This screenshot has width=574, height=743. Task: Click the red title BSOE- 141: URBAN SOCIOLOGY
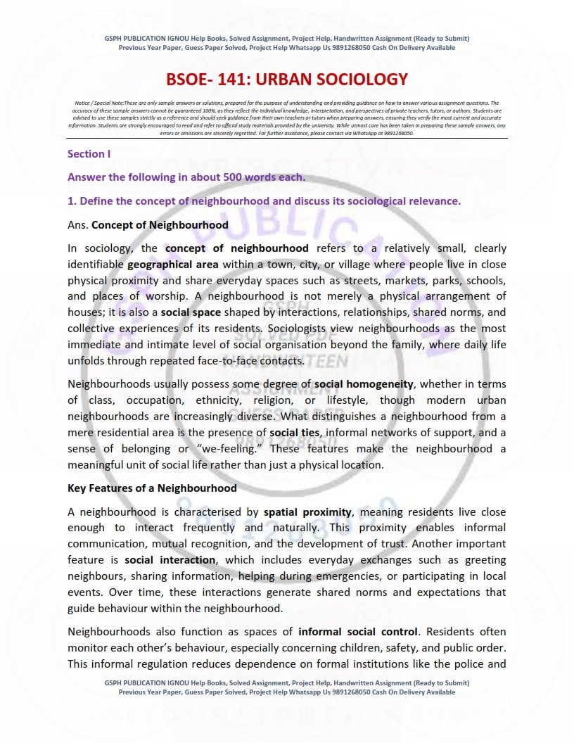287,80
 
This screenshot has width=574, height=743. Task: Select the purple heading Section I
88,153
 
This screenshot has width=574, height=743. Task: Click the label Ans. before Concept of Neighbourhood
78,225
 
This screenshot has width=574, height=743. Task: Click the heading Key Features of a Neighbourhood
152,488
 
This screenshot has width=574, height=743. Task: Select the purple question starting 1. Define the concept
264,201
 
